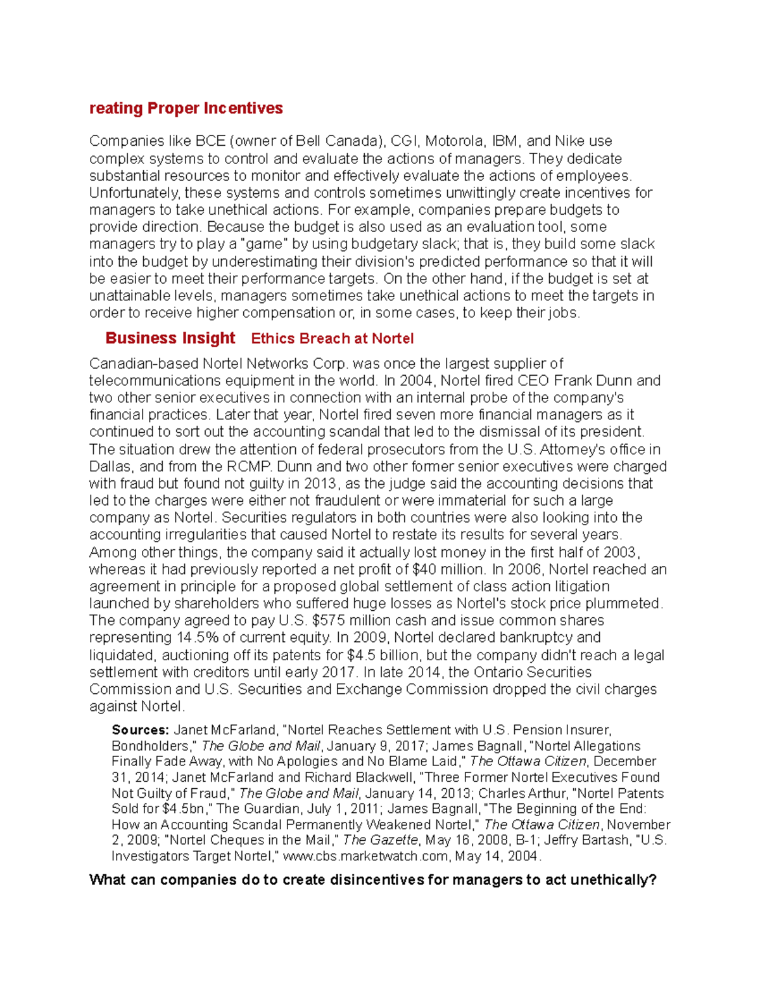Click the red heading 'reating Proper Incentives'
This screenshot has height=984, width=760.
pos(186,108)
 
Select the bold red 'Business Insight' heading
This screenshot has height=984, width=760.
pos(170,338)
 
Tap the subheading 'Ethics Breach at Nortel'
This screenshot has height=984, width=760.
pos(332,339)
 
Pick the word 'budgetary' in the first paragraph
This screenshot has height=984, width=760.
pos(386,244)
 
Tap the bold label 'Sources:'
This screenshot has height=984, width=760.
pos(140,730)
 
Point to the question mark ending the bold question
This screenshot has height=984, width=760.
pos(652,880)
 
